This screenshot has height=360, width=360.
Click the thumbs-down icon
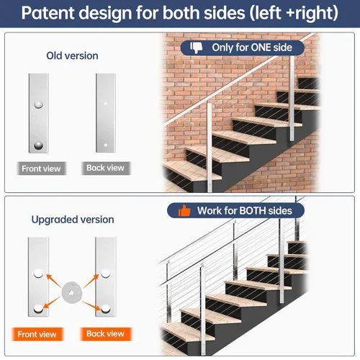coord(197,48)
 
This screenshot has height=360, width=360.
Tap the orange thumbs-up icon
coord(184,211)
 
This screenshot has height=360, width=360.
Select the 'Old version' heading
coord(72,55)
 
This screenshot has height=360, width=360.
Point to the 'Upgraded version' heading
coord(73,220)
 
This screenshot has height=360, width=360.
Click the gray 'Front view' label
coord(41,168)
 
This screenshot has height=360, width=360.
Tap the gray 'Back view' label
coord(106,168)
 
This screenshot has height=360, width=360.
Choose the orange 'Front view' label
coord(37,334)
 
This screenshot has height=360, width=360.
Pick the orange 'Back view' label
coord(106,334)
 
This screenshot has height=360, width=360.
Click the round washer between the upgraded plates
coord(72,292)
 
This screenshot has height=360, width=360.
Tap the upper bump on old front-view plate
coord(38,104)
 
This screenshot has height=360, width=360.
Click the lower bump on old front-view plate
coord(38,145)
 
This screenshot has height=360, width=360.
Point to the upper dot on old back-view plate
coord(106,104)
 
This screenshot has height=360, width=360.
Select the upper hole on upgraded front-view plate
coord(38,274)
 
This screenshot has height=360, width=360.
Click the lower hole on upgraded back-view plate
coord(105,309)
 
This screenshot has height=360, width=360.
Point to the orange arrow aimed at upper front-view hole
coord(53,281)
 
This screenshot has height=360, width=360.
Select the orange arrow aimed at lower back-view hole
coord(91,305)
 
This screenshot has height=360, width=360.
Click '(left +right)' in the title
coord(294,13)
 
